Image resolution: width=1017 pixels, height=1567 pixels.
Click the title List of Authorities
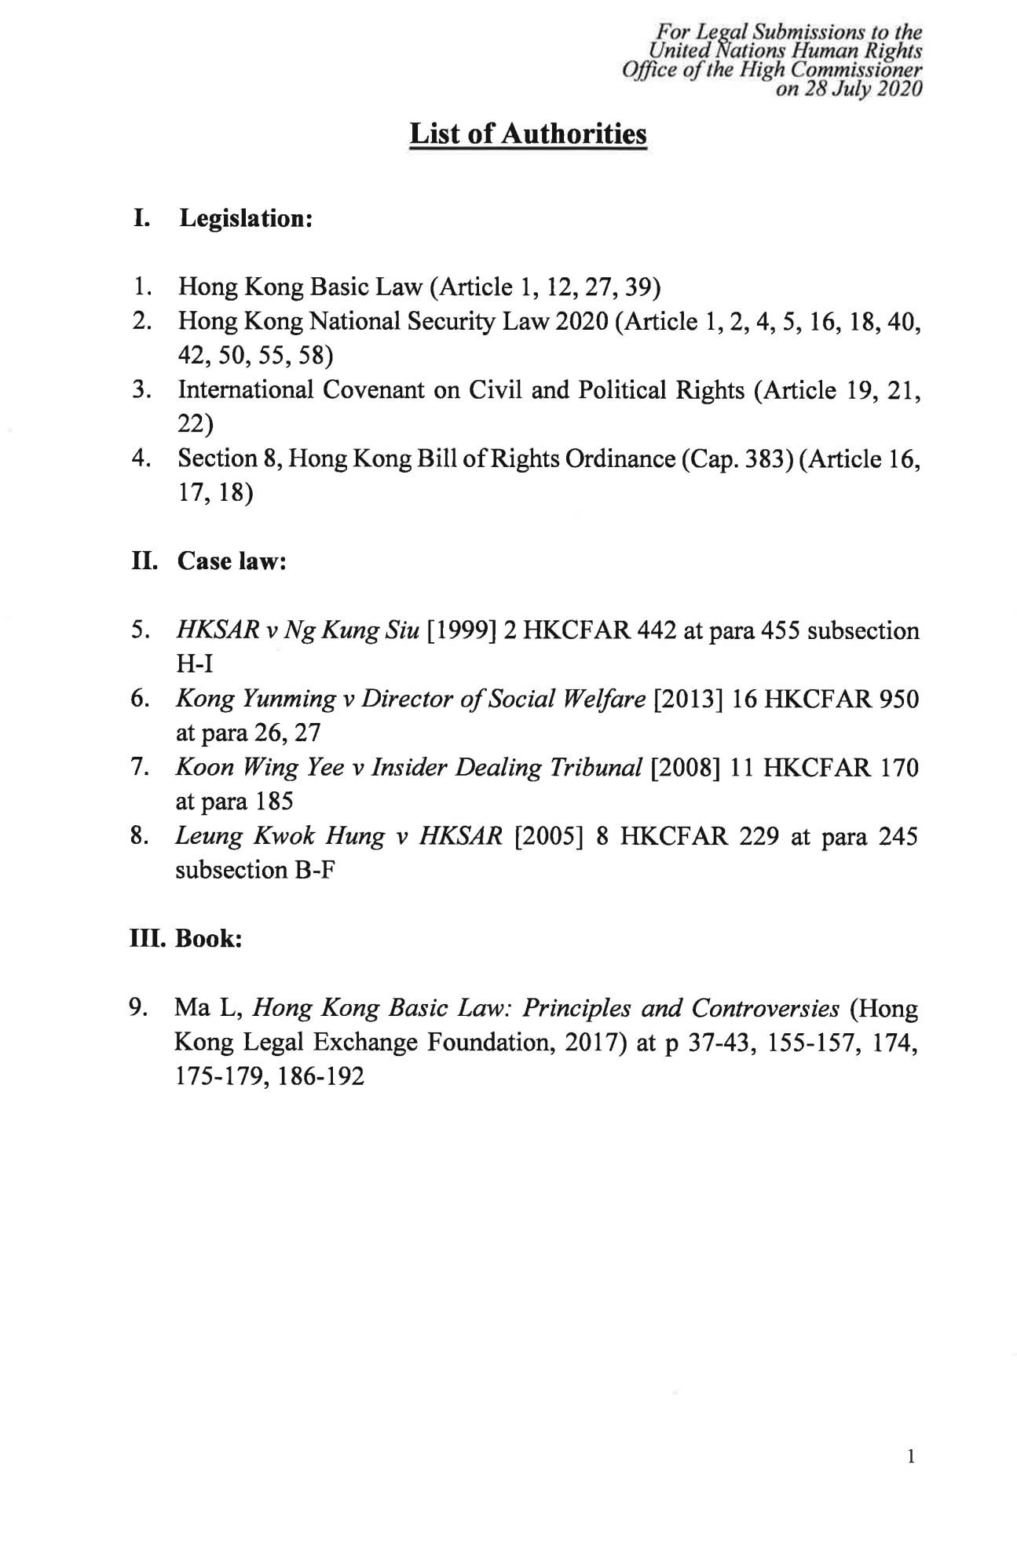(x=528, y=134)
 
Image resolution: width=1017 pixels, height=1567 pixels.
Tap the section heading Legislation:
(x=247, y=218)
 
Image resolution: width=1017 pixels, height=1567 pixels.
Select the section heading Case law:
(x=232, y=561)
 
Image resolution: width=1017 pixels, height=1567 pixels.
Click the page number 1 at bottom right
(x=910, y=1458)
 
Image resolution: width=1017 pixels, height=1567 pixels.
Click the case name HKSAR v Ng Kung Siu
(x=298, y=630)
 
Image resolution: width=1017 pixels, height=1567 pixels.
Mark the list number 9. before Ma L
(x=140, y=1007)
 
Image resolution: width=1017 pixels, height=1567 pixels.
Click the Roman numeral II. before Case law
(x=144, y=561)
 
